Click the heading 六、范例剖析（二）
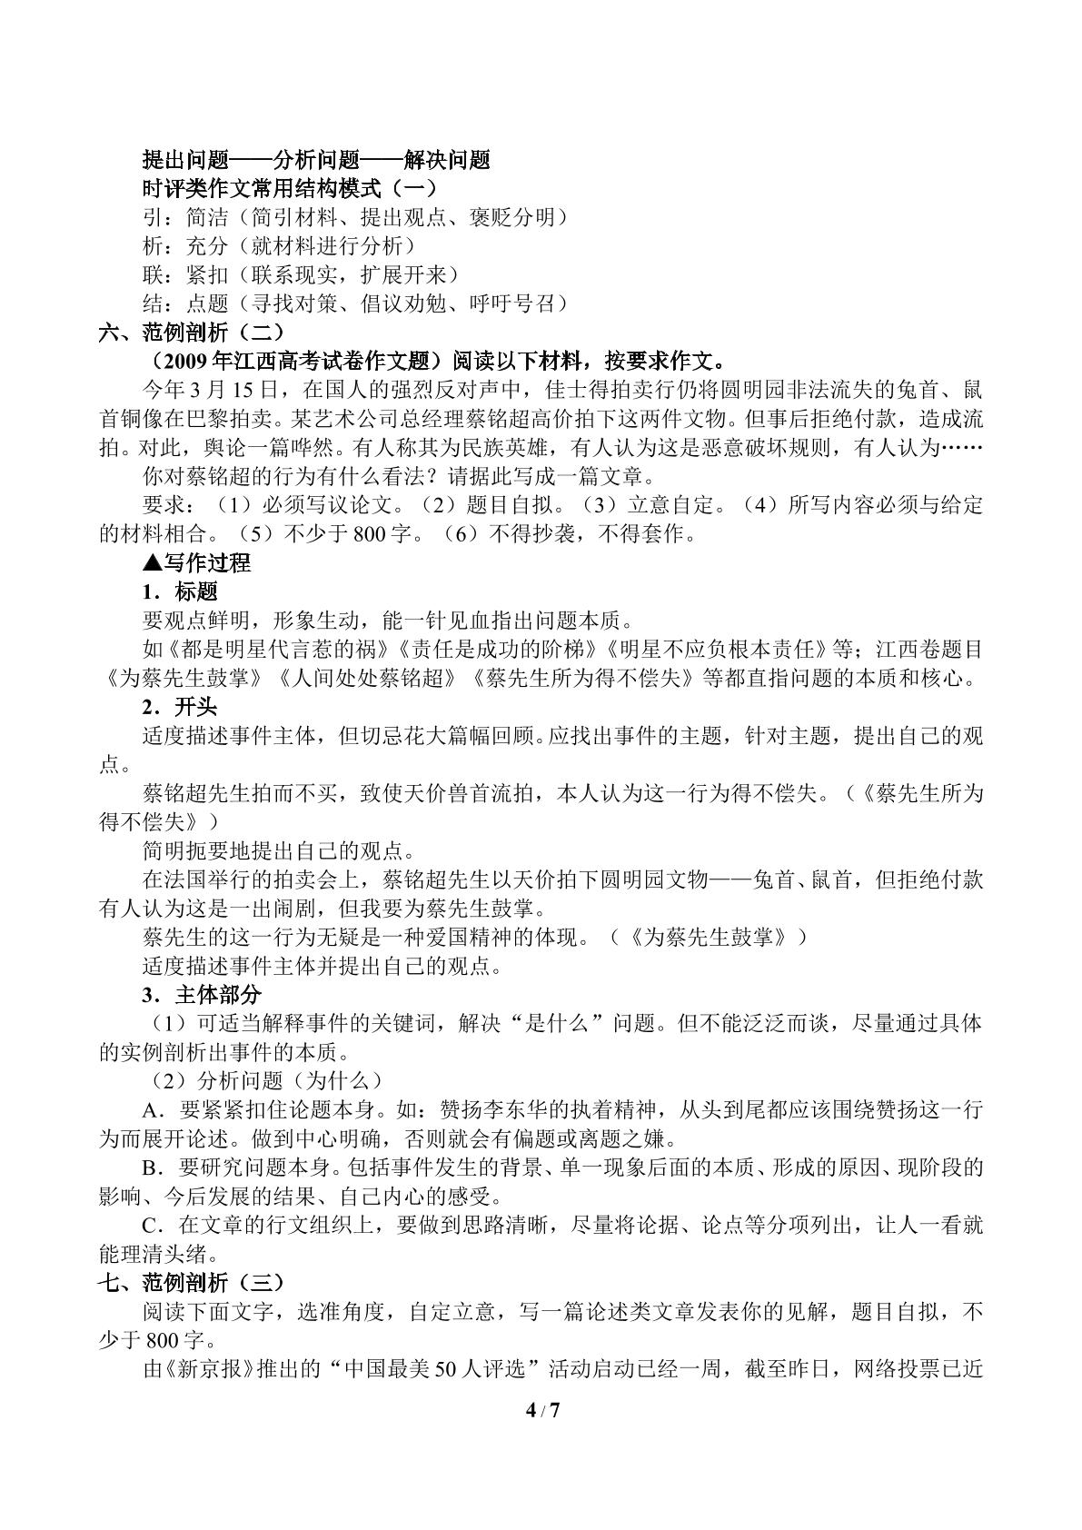point(192,333)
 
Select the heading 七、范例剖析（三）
point(192,1283)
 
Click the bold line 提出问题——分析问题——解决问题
point(316,160)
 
